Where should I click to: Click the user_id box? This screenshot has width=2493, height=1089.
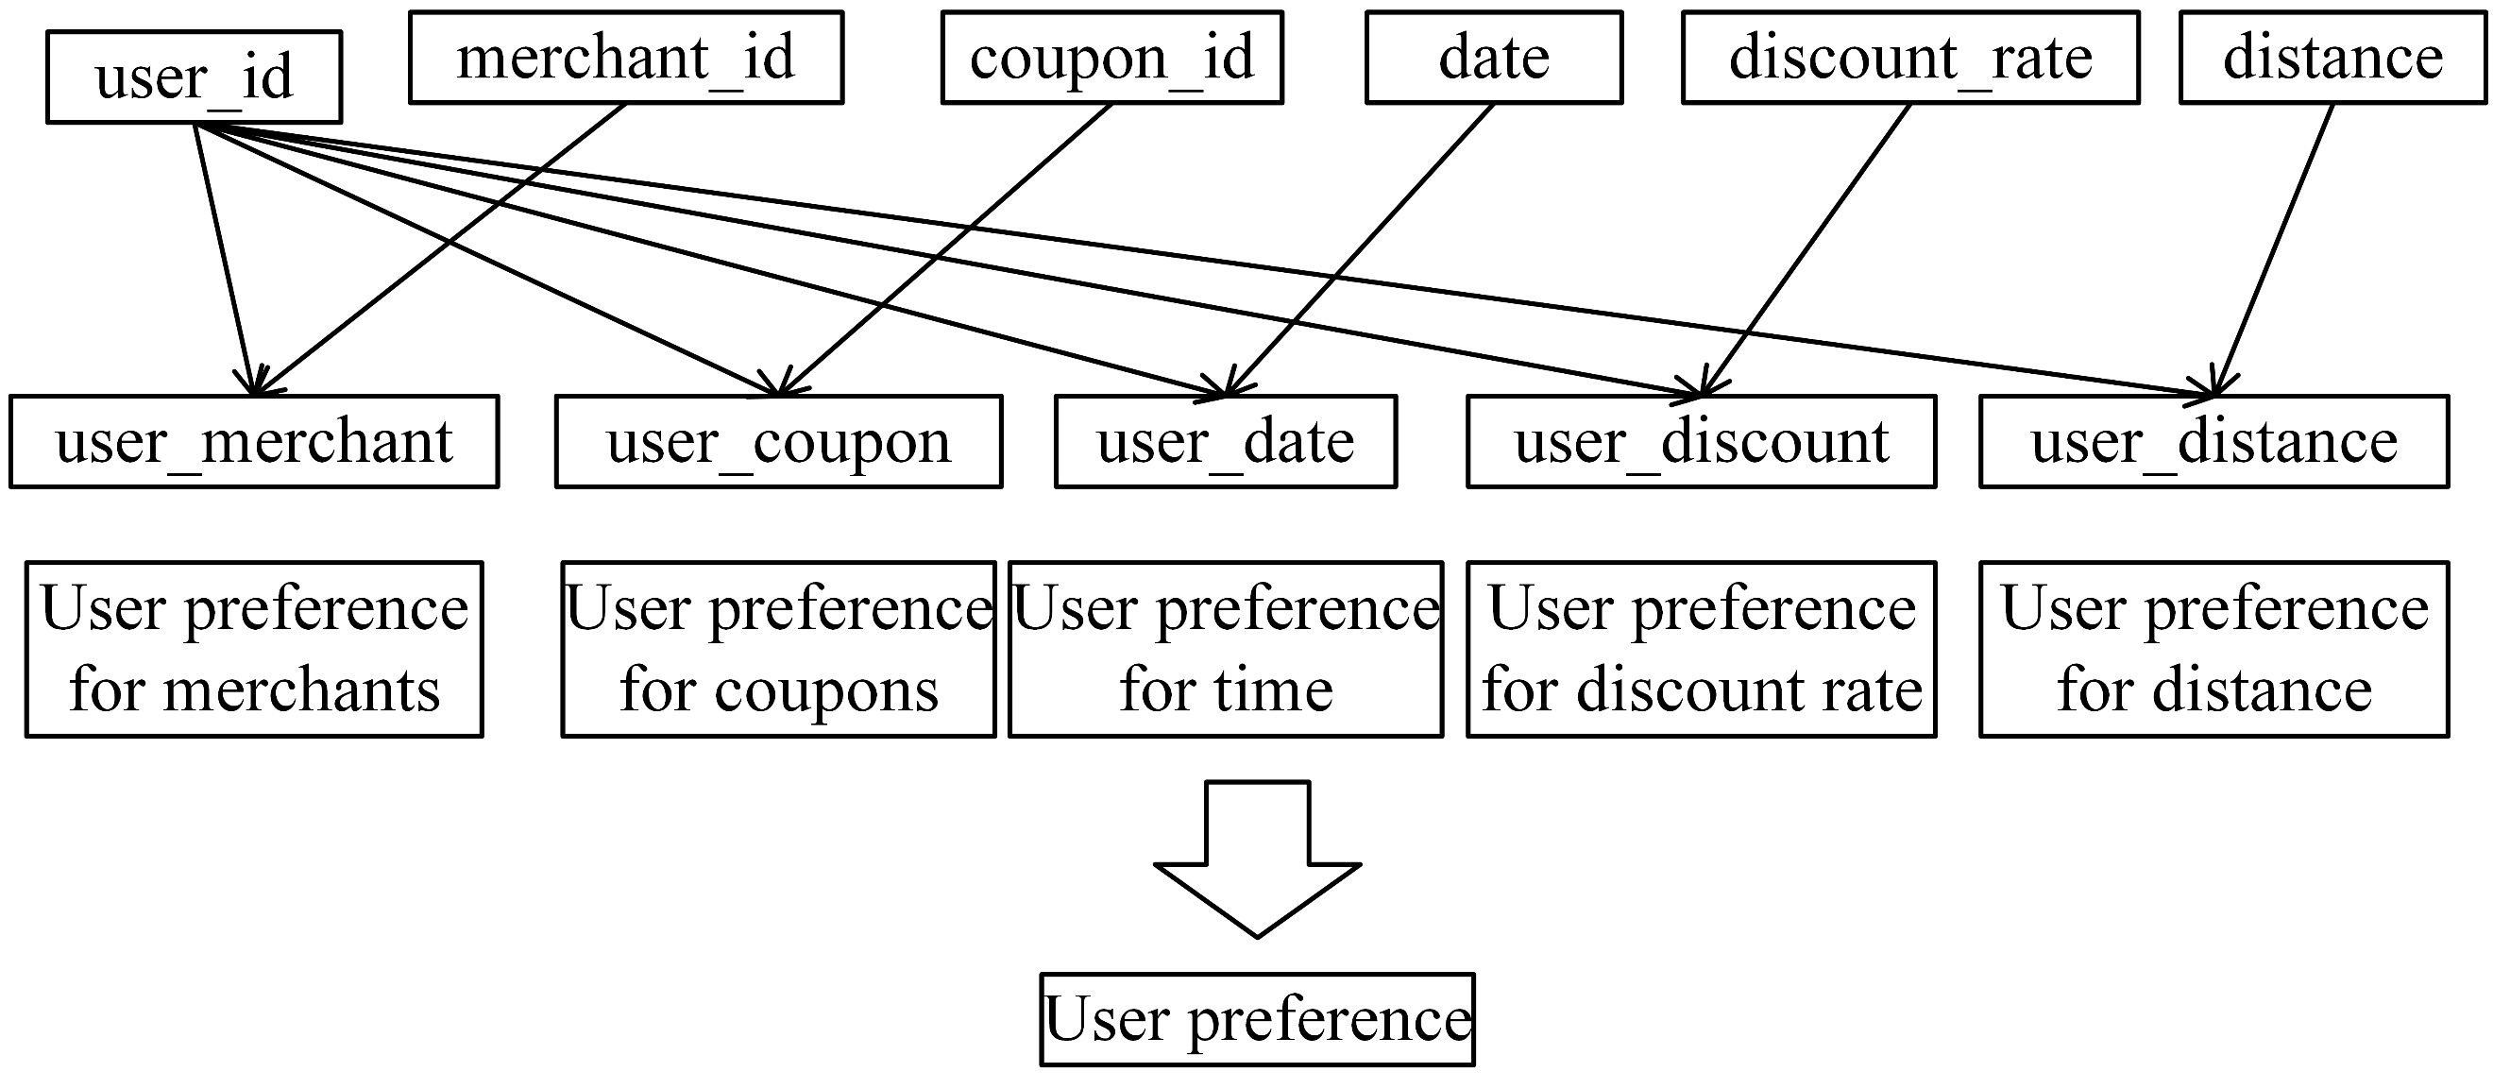194,77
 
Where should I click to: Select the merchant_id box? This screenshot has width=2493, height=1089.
625,57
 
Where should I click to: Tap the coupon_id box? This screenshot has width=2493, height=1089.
1111,57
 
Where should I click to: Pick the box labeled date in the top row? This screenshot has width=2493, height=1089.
1493,57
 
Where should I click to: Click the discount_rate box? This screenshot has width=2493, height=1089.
1909,57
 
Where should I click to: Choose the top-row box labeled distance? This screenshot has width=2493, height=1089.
2332,57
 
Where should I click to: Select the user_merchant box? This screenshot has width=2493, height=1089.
254,441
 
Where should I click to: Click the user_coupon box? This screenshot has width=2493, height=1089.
778,441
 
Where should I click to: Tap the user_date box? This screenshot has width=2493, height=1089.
1225,441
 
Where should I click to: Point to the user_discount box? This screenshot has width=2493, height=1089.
1701,441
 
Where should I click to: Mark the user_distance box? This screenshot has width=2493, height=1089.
2213,441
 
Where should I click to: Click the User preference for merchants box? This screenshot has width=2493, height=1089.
254,649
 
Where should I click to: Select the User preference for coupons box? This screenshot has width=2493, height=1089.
778,649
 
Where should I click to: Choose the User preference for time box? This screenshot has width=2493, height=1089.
1225,649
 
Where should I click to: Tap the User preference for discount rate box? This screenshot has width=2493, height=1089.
1701,649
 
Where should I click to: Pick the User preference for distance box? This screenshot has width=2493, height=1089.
2213,649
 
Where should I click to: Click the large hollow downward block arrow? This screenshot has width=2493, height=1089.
1257,861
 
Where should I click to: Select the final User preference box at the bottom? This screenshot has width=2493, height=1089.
1257,1019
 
